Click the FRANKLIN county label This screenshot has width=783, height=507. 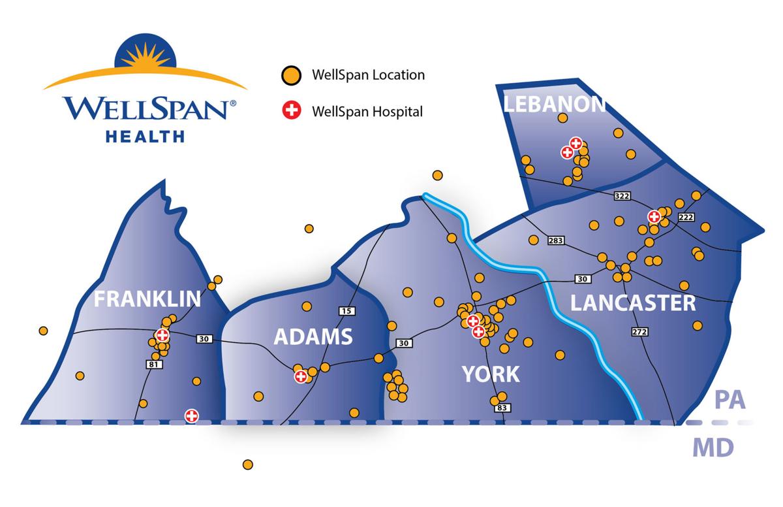(x=147, y=299)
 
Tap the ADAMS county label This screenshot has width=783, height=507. (x=313, y=337)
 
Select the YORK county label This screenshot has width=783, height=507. (x=491, y=374)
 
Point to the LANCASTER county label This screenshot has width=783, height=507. (x=633, y=303)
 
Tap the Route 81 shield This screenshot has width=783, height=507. (x=154, y=365)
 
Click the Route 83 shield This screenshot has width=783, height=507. (x=502, y=408)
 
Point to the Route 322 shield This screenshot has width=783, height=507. (x=622, y=196)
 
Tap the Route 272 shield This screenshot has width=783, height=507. (x=639, y=332)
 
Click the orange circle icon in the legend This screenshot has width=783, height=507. (x=292, y=75)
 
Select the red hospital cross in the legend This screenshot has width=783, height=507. (x=292, y=111)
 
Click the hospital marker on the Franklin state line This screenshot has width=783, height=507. (x=191, y=416)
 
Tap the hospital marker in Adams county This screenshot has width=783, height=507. (x=301, y=376)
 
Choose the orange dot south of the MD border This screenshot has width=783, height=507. (x=247, y=465)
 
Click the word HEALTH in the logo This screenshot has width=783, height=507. (x=146, y=136)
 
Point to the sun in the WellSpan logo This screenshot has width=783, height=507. (x=146, y=56)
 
